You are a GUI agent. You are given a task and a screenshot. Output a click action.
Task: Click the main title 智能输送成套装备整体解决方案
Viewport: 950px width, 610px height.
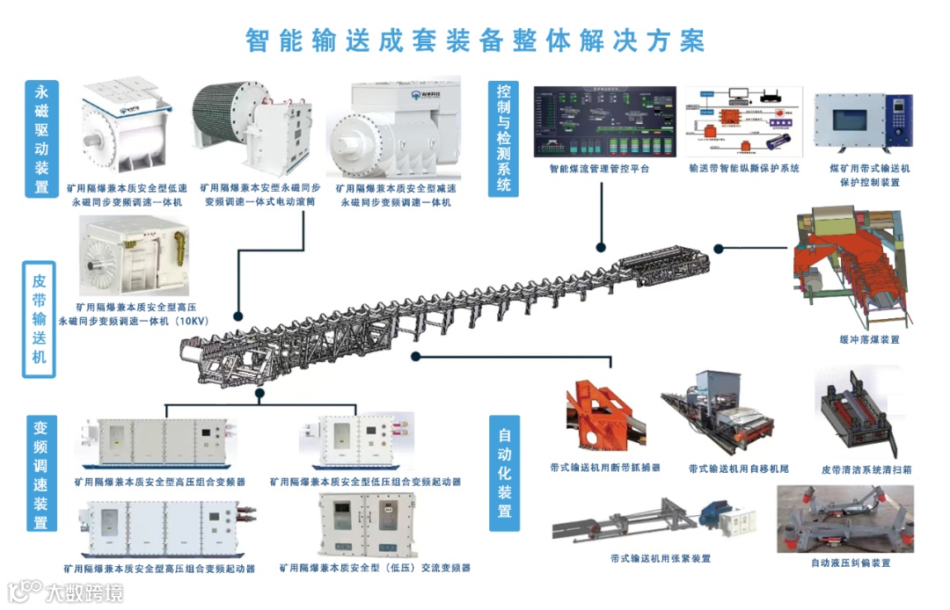tap(475, 40)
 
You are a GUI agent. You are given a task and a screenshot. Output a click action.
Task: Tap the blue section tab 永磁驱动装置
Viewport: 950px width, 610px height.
tap(41, 139)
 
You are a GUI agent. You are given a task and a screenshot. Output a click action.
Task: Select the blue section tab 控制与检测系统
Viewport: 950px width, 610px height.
tap(504, 137)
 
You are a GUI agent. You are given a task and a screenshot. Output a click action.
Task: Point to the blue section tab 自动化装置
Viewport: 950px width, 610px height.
tap(505, 473)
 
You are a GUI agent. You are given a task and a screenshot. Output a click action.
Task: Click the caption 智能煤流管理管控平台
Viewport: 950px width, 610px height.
tap(599, 168)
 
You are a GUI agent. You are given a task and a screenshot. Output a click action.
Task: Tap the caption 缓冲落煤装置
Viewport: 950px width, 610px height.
tap(869, 339)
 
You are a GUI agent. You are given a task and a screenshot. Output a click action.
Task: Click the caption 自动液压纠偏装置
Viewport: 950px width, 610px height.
tap(850, 563)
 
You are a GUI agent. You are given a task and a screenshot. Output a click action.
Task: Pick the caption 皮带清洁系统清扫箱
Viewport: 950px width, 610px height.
tap(866, 470)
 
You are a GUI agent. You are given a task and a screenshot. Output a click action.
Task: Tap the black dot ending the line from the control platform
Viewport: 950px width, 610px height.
tap(602, 247)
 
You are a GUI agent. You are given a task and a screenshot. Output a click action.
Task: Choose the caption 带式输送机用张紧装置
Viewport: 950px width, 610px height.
tap(661, 558)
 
